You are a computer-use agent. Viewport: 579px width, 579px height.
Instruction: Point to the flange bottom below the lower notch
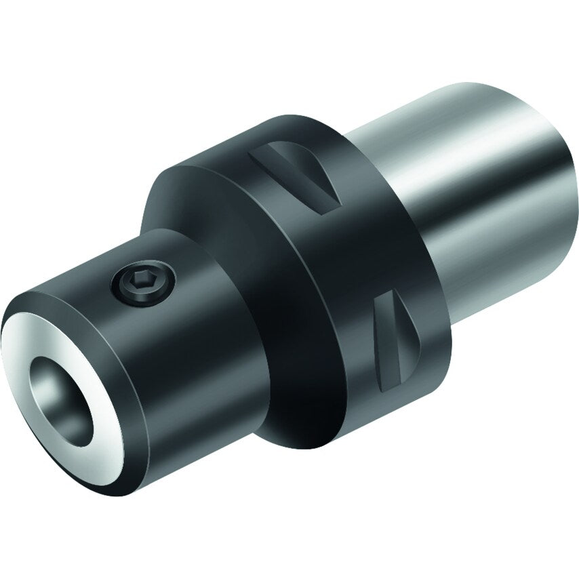tap(380, 420)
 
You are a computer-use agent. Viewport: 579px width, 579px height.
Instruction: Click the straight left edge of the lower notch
tap(380, 339)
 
